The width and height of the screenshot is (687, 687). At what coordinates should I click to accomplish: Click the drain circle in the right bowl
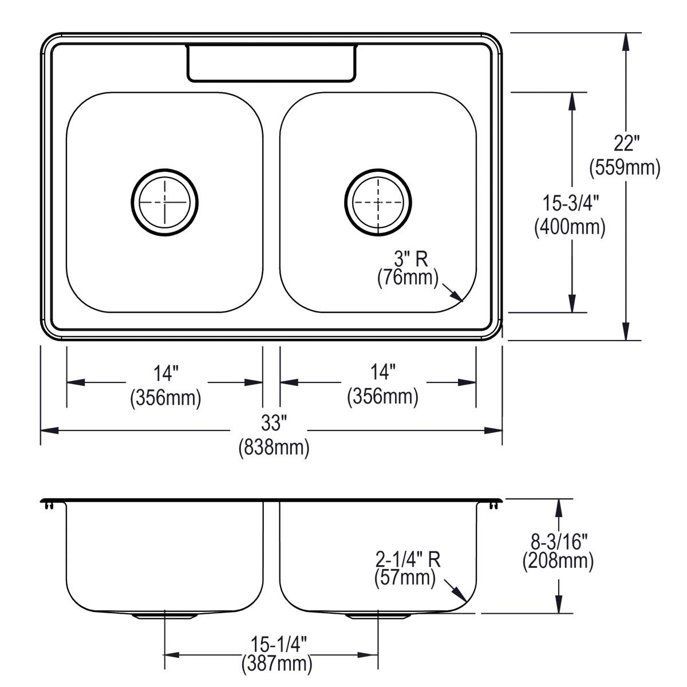click(x=378, y=202)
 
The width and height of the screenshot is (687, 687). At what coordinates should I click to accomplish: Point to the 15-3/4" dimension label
click(x=570, y=203)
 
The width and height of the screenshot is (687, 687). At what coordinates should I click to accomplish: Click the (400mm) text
click(x=570, y=227)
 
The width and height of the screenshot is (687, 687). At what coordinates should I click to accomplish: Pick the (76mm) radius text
click(x=407, y=279)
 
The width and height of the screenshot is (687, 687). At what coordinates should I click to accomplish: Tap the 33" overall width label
click(x=273, y=424)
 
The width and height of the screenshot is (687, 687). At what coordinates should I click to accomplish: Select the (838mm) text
click(x=274, y=447)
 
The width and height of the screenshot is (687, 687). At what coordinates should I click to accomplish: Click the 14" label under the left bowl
click(x=165, y=374)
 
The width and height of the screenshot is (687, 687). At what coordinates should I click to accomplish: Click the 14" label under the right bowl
click(x=382, y=373)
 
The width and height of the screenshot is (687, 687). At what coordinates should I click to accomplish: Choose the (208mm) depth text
click(x=558, y=561)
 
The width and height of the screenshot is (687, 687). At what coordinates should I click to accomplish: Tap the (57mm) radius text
click(x=405, y=579)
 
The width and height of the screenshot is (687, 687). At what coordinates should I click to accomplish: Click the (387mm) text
click(x=278, y=664)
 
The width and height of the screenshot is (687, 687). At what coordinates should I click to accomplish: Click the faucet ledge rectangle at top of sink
click(x=270, y=63)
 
